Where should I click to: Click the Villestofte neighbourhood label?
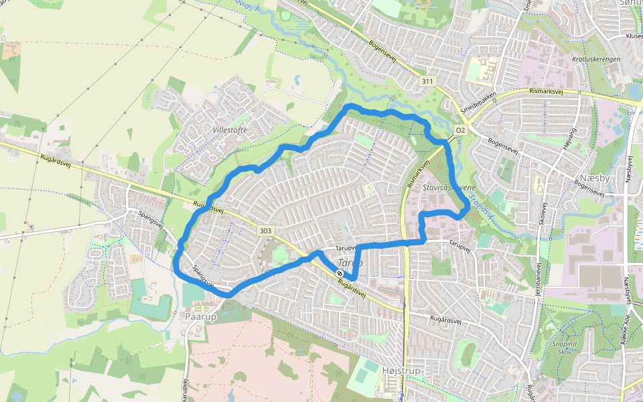click(230, 129)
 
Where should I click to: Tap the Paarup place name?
click(202, 316)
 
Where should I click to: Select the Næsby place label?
click(593, 179)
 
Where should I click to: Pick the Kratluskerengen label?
click(596, 59)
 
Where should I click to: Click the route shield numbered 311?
click(427, 81)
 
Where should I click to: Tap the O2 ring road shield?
click(460, 129)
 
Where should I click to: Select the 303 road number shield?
click(266, 231)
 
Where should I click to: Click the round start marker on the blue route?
click(341, 273)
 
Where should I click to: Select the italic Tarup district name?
click(350, 263)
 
